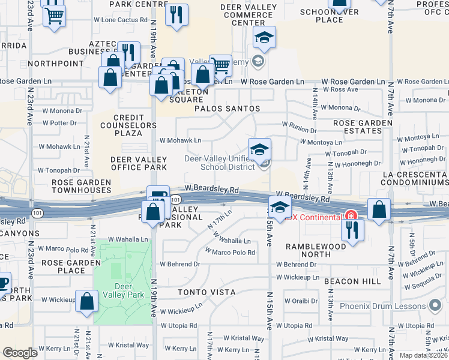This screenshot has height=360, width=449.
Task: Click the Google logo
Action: pyautogui.click(x=20, y=353)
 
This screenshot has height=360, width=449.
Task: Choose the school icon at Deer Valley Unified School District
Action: pyautogui.click(x=259, y=149)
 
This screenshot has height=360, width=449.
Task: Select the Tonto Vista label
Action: pyautogui.click(x=206, y=292)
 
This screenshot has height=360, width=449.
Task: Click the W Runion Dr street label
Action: pyautogui.click(x=300, y=130)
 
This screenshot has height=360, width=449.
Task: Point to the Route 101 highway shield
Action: pyautogui.click(x=175, y=199)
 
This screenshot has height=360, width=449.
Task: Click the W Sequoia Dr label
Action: pyautogui.click(x=424, y=285)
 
